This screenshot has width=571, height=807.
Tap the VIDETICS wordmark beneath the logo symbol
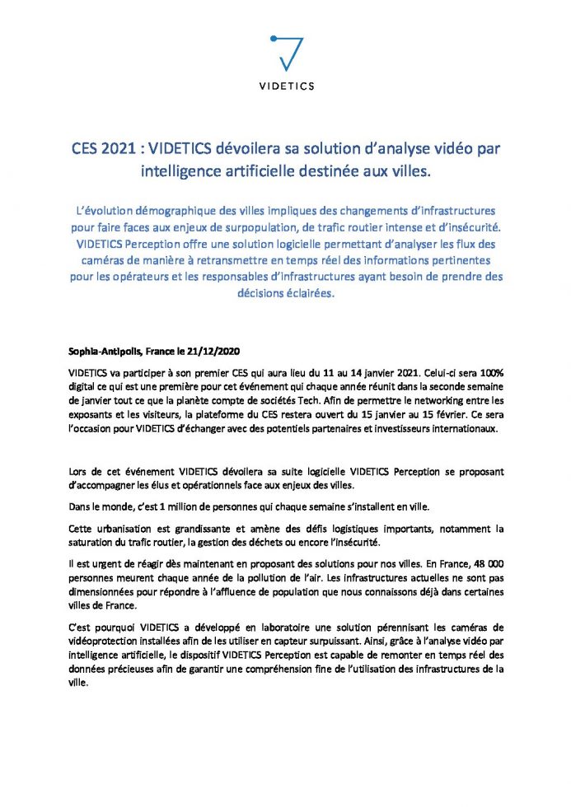click(285, 86)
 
